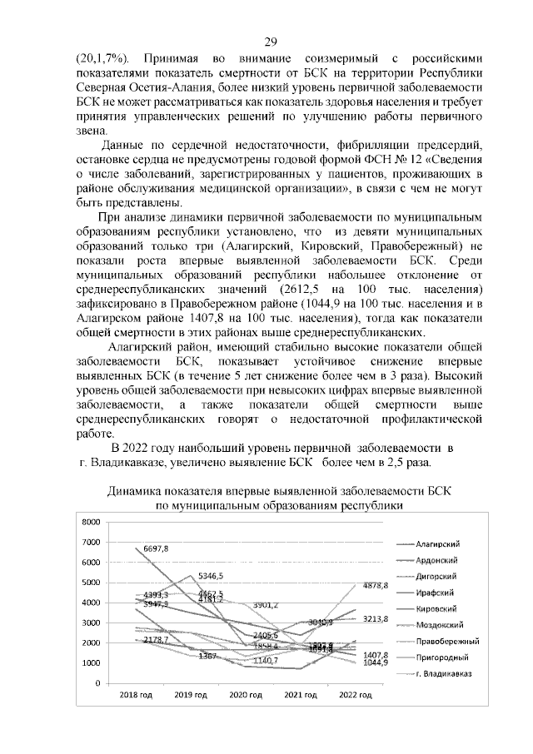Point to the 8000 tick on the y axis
click(91, 522)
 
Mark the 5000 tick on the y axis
click(91, 583)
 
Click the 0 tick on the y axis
click(98, 683)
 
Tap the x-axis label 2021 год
click(302, 694)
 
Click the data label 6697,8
click(156, 549)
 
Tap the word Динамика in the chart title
click(137, 492)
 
